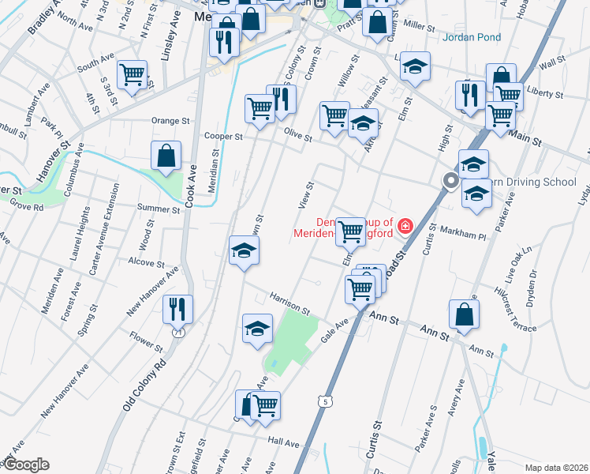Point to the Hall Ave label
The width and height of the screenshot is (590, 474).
[x=284, y=442]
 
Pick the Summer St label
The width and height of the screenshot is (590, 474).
[x=159, y=209]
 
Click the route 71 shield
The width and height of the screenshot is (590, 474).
[x=179, y=332]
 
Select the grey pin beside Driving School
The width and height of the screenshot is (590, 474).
[x=450, y=182]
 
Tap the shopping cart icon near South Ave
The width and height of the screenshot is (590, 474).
[x=132, y=74]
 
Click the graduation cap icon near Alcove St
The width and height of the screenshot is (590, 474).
[x=244, y=250]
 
